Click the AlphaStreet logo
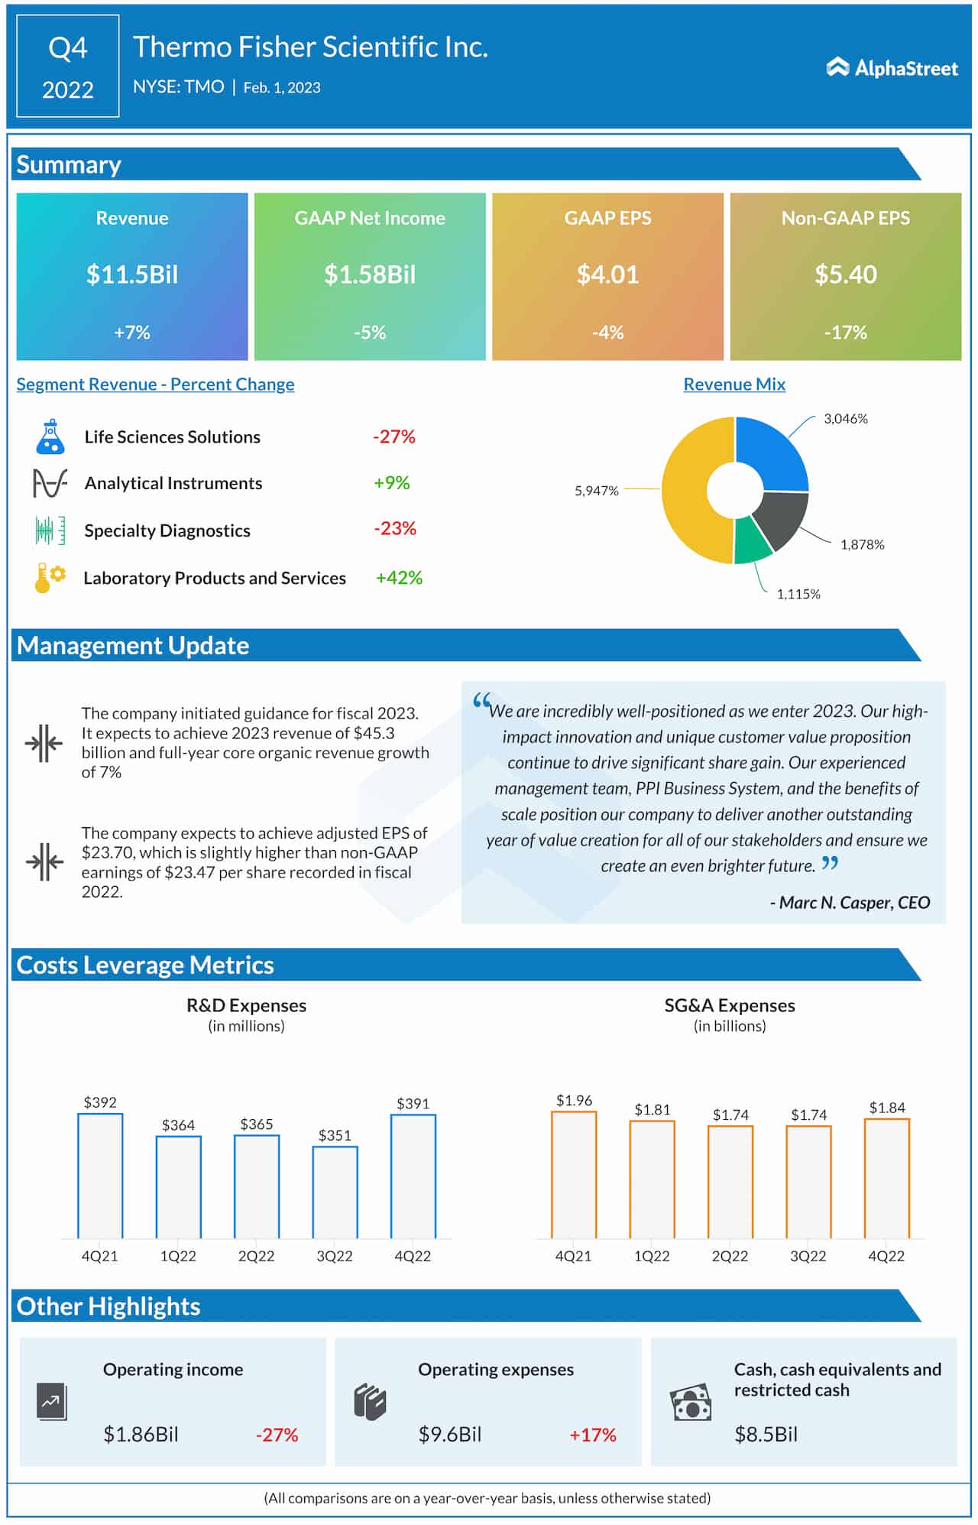pos(892,68)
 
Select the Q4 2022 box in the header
pos(68,67)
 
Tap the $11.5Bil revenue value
pos(131,274)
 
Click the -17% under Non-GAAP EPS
pos(845,333)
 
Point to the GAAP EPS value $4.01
pos(607,274)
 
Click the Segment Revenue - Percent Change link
pos(155,384)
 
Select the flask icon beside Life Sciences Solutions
pos(50,436)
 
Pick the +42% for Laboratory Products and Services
pos(399,578)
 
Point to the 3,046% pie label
pos(845,419)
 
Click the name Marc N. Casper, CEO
pos(850,903)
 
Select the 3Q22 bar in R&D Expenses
pos(335,1192)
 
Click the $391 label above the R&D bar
pos(413,1103)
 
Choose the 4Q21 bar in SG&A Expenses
pos(574,1175)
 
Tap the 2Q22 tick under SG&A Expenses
pos(730,1256)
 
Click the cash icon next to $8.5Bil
pos(690,1403)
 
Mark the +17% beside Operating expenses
pos(592,1435)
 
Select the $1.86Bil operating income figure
pos(141,1435)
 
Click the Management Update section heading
pos(133,646)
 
